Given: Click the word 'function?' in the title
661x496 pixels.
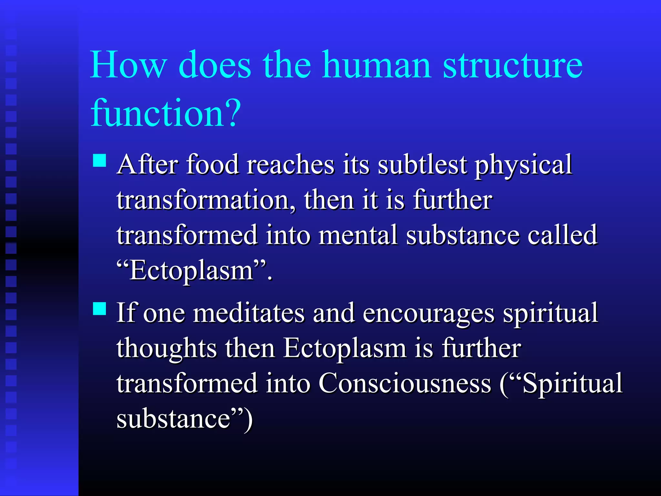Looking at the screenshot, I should point(166,113).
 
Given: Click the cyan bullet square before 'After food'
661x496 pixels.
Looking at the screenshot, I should point(99,160).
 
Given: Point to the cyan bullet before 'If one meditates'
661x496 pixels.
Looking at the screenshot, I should point(99,308).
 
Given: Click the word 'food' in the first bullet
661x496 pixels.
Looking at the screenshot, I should point(212,165).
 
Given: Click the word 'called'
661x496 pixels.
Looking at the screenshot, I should point(562,235).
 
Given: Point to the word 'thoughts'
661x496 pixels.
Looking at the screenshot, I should point(167,349).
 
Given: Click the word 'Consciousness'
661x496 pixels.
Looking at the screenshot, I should point(405,384).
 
